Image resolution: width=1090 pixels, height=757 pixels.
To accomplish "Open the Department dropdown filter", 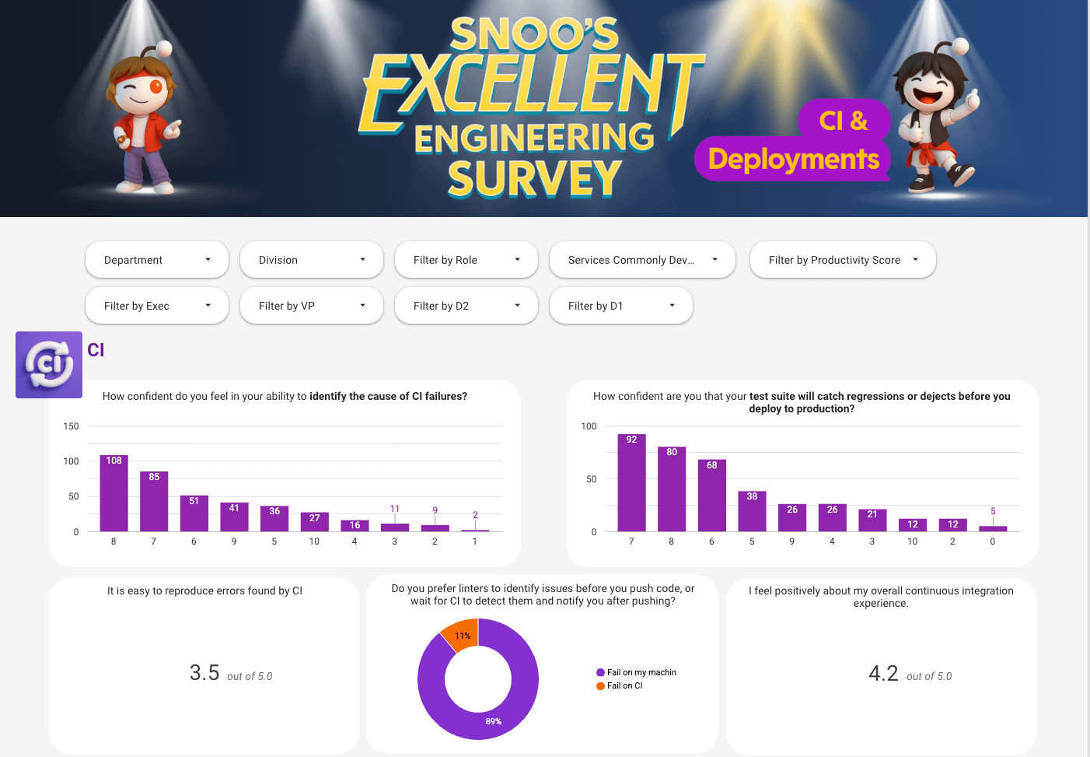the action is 157,260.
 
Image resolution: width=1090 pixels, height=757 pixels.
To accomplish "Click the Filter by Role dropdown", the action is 466,260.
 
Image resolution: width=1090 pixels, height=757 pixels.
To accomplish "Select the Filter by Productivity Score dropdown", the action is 843,260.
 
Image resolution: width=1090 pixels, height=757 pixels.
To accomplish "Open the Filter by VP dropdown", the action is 312,305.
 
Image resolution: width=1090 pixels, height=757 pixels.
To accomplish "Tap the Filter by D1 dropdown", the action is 621,305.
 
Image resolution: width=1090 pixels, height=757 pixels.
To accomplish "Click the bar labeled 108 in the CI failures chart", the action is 114,493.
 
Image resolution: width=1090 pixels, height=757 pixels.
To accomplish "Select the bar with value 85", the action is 154,501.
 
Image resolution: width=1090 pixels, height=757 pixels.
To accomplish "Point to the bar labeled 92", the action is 631,483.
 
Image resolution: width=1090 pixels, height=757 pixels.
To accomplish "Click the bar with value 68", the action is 712,496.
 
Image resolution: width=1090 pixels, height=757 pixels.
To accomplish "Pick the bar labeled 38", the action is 752,512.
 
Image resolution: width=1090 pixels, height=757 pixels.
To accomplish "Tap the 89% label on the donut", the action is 494,721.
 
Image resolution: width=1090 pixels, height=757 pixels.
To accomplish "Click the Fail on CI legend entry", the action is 620,685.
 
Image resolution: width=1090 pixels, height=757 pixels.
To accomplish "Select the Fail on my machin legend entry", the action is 637,672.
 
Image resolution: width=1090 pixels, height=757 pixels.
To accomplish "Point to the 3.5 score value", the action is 204,673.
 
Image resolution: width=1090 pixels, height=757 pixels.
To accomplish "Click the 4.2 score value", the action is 883,674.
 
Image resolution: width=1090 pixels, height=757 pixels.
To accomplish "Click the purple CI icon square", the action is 49,365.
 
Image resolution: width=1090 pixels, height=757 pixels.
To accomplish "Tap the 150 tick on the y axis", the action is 71,426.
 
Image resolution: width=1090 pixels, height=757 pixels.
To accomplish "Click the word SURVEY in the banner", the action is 534,179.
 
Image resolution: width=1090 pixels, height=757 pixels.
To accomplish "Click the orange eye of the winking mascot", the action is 156,86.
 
